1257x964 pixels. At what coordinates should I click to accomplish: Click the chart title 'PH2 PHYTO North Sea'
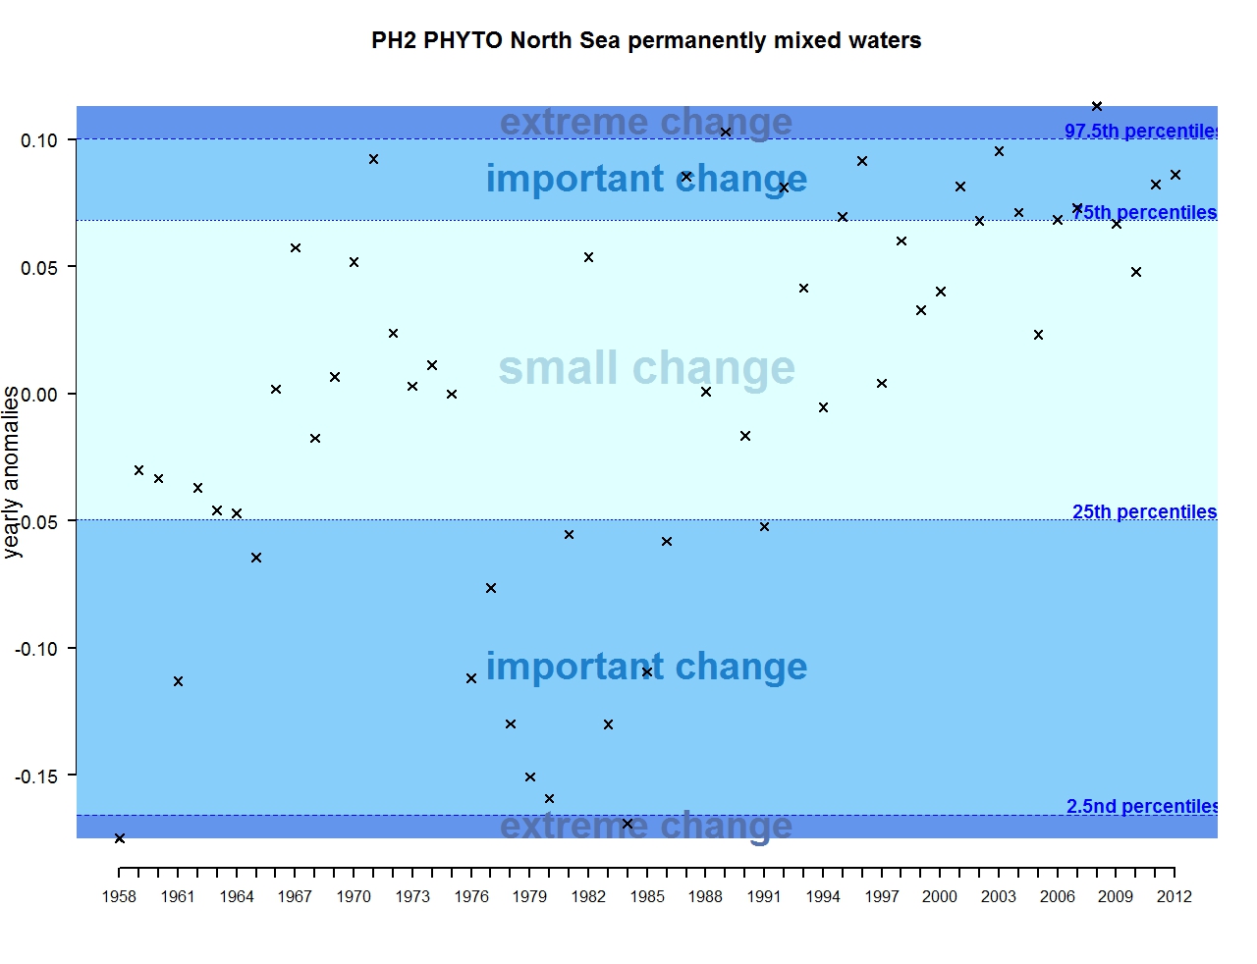tap(645, 41)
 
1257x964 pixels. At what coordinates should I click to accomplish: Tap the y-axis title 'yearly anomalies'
tap(12, 472)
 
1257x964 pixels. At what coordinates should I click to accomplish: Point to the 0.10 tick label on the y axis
tap(39, 140)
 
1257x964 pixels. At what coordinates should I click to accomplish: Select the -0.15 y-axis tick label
tap(36, 777)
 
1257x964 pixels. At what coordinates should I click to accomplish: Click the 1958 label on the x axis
tap(119, 896)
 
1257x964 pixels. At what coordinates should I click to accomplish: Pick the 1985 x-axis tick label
tap(647, 896)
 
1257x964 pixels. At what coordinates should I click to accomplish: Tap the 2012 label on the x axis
tap(1175, 896)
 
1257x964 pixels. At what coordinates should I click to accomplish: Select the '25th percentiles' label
tap(1144, 512)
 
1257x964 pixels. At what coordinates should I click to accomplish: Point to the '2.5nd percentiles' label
tap(1142, 807)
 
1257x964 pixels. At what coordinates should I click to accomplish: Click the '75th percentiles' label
tap(1144, 213)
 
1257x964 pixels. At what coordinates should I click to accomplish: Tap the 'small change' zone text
tap(646, 368)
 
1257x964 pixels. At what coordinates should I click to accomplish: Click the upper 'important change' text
tap(646, 179)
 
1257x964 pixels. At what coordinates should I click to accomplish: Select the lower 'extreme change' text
tap(646, 826)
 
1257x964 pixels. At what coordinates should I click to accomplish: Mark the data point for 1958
tap(120, 838)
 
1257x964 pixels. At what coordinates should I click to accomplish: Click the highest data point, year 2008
tap(1097, 106)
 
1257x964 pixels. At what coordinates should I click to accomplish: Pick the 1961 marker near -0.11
tap(178, 681)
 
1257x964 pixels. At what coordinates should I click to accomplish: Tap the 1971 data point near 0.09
tap(373, 159)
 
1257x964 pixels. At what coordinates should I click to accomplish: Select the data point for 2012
tap(1175, 175)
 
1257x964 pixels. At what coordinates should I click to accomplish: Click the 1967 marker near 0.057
tap(296, 248)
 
